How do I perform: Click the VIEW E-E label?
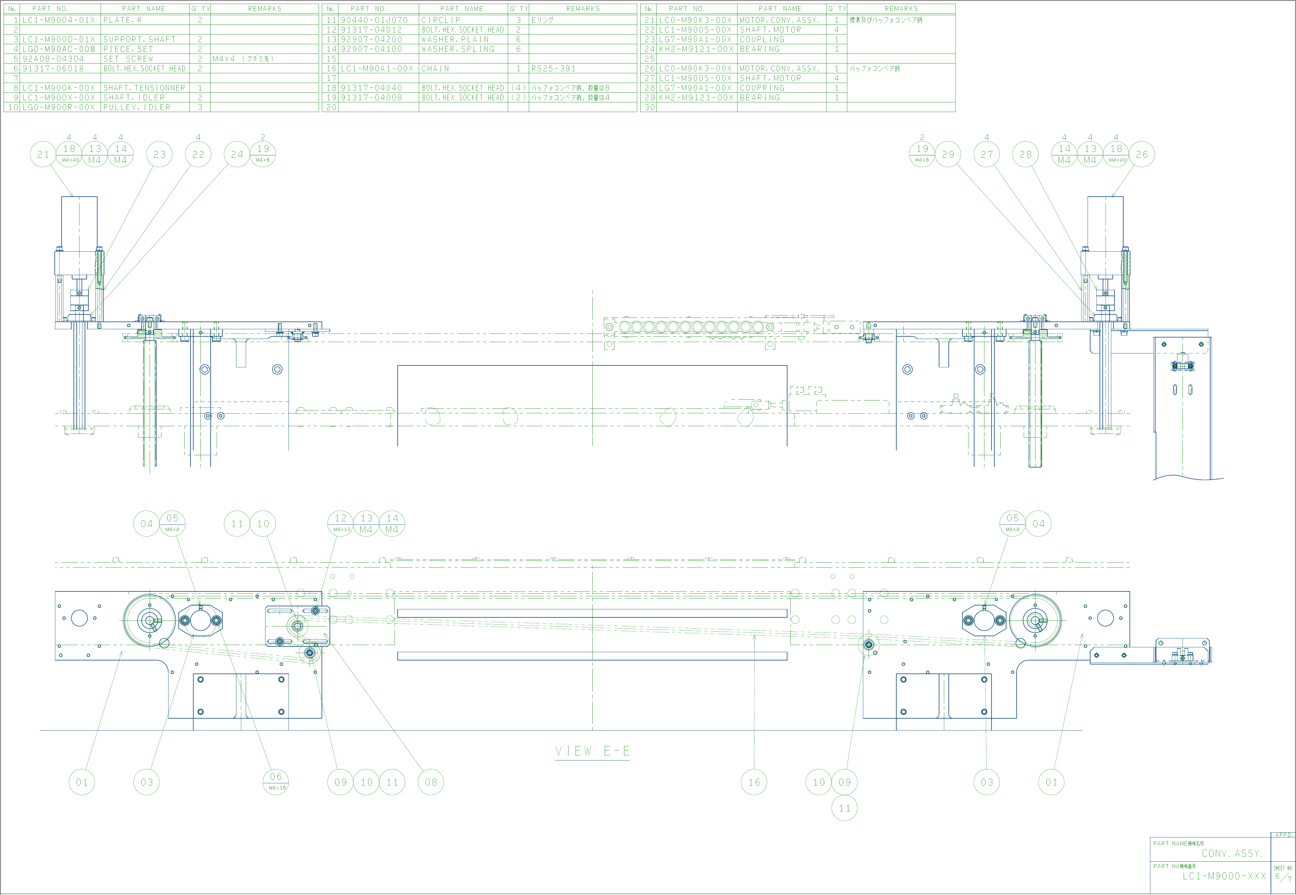pos(592,751)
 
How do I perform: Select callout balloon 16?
pos(754,782)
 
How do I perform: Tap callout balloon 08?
pos(431,782)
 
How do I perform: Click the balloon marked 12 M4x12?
pos(340,523)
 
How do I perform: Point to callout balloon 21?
pos(43,154)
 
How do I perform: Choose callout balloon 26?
pos(1142,154)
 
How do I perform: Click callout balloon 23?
pos(160,154)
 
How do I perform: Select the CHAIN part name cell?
pos(435,68)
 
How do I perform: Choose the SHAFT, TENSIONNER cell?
pos(144,88)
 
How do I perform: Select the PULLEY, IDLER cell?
pos(137,107)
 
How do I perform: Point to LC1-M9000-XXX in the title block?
pos(1224,876)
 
